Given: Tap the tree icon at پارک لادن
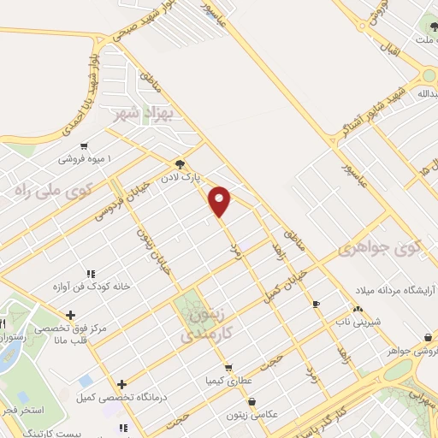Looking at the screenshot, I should (x=179, y=163).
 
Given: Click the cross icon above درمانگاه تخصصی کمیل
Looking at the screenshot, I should (x=122, y=384).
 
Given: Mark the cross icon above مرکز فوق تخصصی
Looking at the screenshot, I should (x=70, y=315).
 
